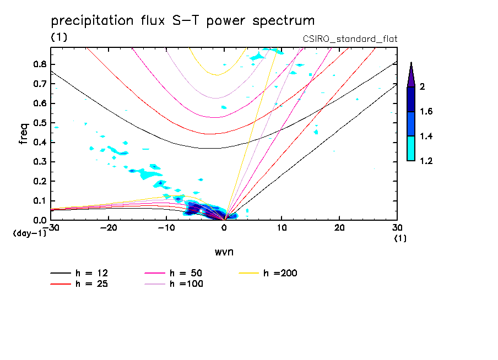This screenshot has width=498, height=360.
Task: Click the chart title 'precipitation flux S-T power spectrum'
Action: pos(182,21)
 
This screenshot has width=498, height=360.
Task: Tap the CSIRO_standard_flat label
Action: pos(350,39)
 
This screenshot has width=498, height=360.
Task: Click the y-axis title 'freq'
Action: pos(24,133)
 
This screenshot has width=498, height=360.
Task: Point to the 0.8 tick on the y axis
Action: pos(39,64)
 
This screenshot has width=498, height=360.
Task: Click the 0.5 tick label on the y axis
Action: pos(39,123)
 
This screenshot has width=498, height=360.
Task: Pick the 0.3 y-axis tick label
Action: pos(39,162)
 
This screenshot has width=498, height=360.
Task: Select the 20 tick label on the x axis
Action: pos(339,228)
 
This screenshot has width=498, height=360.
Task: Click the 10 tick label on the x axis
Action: pos(282,228)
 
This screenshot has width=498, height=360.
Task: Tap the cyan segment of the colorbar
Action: pos(410,148)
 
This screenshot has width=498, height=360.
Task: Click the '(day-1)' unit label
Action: pos(30,233)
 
